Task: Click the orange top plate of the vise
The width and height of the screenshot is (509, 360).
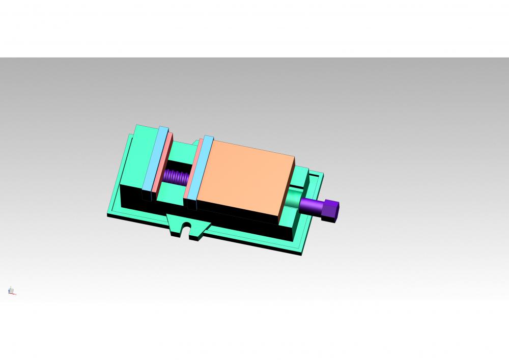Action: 244,176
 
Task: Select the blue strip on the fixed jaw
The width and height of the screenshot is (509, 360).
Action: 155,158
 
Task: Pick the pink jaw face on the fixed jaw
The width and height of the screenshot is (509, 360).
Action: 165,163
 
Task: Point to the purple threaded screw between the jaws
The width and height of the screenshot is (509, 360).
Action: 176,177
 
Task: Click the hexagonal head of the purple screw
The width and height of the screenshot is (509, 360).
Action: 332,210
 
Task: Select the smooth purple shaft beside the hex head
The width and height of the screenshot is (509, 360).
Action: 312,206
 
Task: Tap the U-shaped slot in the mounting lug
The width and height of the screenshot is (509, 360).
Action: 187,230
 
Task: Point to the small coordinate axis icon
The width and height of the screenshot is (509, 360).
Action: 11,291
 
